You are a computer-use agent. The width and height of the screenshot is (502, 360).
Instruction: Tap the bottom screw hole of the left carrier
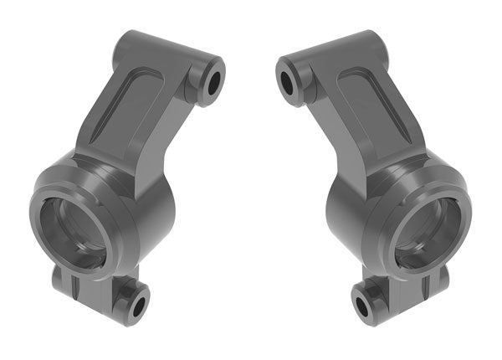click(x=136, y=304)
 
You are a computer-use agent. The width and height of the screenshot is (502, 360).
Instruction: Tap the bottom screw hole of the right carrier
click(x=362, y=306)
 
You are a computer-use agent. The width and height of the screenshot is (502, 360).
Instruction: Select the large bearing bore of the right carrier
click(x=428, y=233)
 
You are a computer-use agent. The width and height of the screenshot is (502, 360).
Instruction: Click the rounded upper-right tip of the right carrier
click(x=369, y=41)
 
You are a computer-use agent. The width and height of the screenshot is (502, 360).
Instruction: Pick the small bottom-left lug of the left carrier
click(x=64, y=280)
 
